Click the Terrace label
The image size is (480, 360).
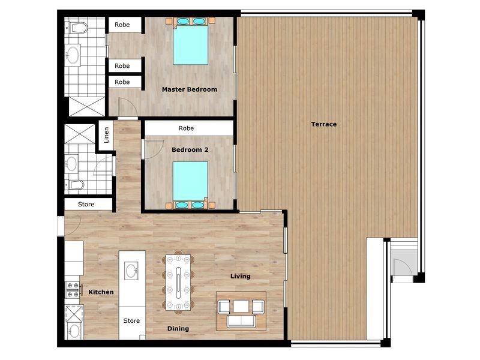(x=323, y=124)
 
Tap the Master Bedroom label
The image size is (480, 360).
(x=190, y=89)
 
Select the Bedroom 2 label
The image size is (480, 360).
(x=190, y=149)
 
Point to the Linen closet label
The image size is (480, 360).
(x=107, y=135)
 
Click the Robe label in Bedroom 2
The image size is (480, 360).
(x=186, y=128)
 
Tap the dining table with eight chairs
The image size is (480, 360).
(x=178, y=283)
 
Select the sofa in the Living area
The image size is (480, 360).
(x=241, y=322)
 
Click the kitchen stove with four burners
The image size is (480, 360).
(x=73, y=290)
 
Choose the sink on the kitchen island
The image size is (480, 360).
(x=131, y=271)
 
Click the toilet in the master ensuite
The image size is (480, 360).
(x=78, y=28)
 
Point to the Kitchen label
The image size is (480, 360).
(x=101, y=292)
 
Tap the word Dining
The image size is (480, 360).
(x=178, y=328)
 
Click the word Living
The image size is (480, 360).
(x=241, y=276)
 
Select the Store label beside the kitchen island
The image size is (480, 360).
(x=131, y=320)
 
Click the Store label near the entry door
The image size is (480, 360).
(x=86, y=204)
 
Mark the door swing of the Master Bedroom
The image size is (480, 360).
(x=127, y=107)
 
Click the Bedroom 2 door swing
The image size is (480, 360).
(x=154, y=149)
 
